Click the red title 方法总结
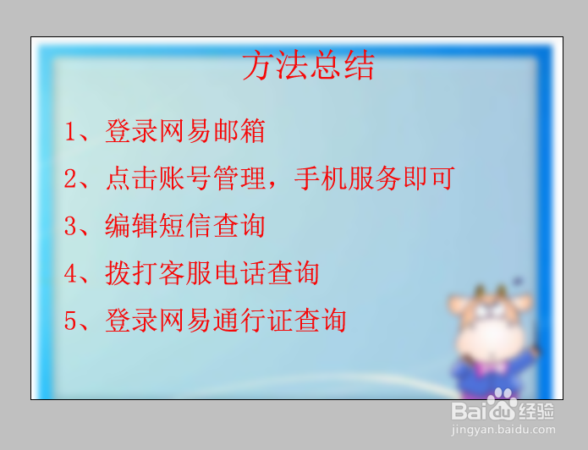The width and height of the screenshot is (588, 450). coord(308,66)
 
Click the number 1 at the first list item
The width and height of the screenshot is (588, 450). coord(70,131)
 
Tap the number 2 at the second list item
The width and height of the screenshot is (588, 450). coord(70,178)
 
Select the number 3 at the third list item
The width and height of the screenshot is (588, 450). coord(70,226)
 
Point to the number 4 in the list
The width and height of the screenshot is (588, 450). coord(70,273)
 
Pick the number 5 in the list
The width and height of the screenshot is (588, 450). coord(70,321)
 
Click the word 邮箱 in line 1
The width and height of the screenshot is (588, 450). coord(239,131)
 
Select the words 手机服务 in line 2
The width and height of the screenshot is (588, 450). coord(348,178)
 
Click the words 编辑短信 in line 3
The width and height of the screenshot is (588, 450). coord(159,226)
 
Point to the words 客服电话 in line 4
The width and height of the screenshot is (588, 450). coord(212,273)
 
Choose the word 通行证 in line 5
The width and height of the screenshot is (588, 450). coord(253,321)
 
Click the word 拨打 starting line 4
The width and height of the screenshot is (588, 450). coord(131,273)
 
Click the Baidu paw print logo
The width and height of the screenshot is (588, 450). coord(502,404)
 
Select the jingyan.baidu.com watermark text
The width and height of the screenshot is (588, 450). coord(503,430)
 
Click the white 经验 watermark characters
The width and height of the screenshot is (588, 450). coord(536,411)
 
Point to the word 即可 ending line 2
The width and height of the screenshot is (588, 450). coord(429,178)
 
